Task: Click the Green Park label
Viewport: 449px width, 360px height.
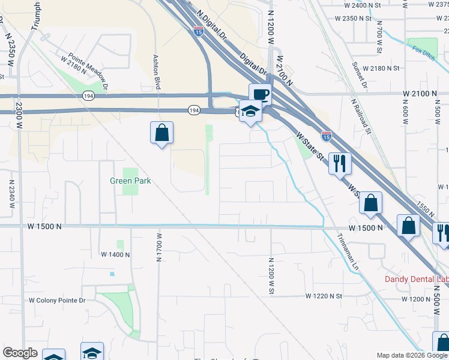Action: click(130, 181)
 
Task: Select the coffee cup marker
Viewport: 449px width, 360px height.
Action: click(260, 95)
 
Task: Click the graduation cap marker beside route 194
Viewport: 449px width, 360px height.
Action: click(250, 112)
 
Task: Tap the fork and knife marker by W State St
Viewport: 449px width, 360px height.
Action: click(340, 163)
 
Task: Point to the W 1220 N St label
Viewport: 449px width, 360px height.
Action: click(323, 296)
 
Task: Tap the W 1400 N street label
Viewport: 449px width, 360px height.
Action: click(115, 255)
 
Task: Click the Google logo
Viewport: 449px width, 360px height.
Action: click(20, 353)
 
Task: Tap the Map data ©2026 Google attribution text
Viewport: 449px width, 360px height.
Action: click(412, 355)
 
